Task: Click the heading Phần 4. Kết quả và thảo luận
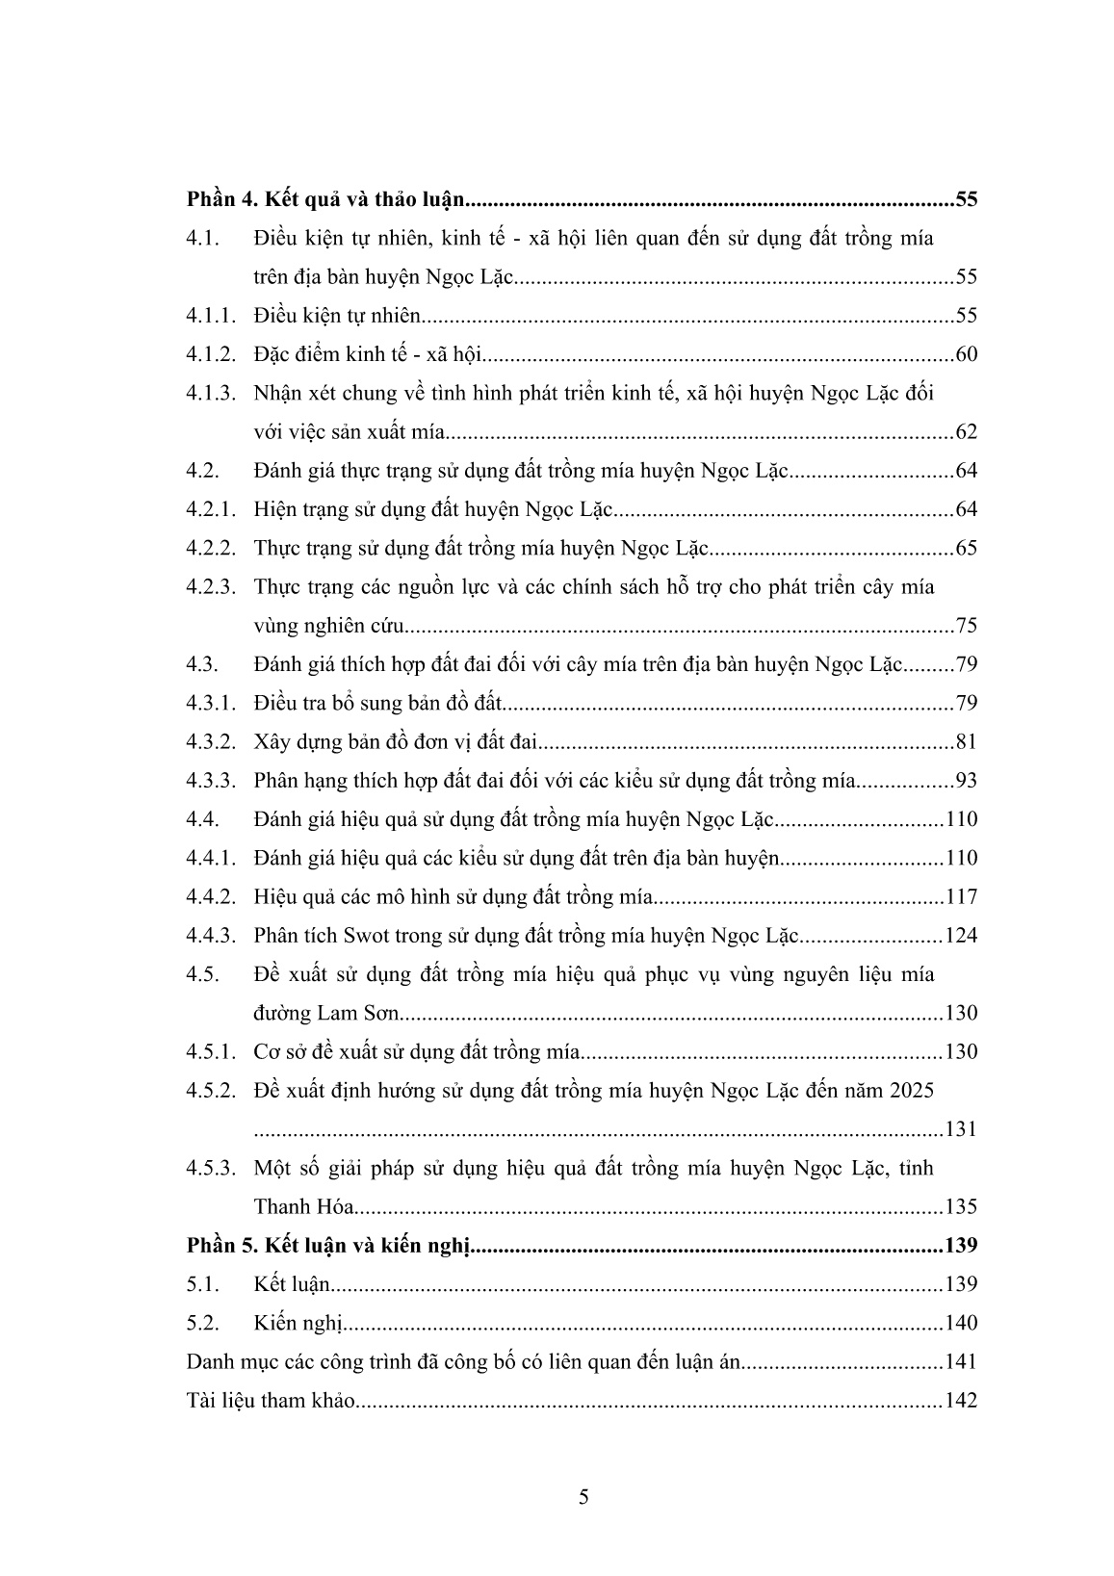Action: [x=326, y=200]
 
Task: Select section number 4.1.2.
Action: [x=210, y=354]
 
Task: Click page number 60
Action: [x=966, y=354]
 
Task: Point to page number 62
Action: [x=966, y=431]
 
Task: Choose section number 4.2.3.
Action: [x=210, y=586]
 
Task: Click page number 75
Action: [x=966, y=626]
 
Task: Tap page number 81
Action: [x=966, y=742]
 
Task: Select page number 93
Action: [x=966, y=781]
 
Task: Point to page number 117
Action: [x=961, y=896]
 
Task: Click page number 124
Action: [x=961, y=935]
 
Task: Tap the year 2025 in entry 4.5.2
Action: [x=912, y=1091]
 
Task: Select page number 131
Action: [x=961, y=1129]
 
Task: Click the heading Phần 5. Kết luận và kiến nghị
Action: [x=326, y=1246]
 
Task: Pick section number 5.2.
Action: [x=203, y=1323]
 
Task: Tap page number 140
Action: [x=961, y=1323]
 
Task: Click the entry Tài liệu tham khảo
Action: [x=271, y=1401]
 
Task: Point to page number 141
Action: [x=961, y=1361]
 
